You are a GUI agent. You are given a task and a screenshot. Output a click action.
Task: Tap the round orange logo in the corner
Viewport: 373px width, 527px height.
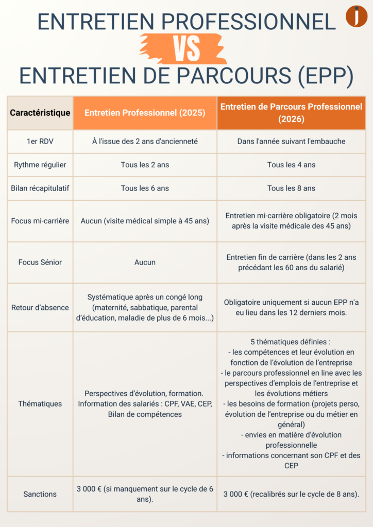click(x=356, y=16)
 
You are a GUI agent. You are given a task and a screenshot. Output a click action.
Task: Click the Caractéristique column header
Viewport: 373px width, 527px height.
click(x=40, y=113)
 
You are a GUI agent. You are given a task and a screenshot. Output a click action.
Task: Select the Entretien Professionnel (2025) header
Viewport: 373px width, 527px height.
click(x=145, y=113)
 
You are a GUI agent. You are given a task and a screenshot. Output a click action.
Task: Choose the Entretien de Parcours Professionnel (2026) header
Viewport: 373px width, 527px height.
click(x=291, y=113)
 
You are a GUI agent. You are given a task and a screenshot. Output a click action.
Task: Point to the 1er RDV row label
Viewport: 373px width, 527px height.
click(x=40, y=141)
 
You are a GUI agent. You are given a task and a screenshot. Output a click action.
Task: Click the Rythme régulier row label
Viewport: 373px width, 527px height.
click(x=40, y=165)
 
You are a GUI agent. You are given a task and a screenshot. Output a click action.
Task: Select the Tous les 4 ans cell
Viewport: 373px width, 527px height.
click(x=291, y=165)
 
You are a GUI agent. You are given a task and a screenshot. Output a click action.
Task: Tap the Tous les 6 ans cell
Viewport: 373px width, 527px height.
click(x=145, y=188)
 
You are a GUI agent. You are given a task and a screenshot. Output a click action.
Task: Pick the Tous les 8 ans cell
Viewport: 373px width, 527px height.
click(x=291, y=188)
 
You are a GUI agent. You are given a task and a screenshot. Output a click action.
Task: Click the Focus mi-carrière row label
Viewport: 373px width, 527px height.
click(x=40, y=221)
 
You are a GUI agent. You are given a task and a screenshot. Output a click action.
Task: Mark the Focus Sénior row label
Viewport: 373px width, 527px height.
click(x=40, y=262)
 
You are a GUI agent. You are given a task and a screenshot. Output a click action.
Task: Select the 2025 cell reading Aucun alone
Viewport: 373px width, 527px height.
click(x=145, y=262)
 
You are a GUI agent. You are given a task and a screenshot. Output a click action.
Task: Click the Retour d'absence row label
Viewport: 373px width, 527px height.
click(x=40, y=308)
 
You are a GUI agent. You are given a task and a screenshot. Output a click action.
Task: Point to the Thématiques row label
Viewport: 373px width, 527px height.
click(x=40, y=404)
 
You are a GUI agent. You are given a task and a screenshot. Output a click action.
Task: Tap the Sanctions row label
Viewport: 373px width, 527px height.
click(x=40, y=494)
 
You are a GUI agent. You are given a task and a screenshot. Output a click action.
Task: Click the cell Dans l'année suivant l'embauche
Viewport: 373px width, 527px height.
click(x=291, y=141)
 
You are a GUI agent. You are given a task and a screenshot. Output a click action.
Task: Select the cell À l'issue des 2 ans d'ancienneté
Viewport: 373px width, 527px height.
click(x=145, y=141)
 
